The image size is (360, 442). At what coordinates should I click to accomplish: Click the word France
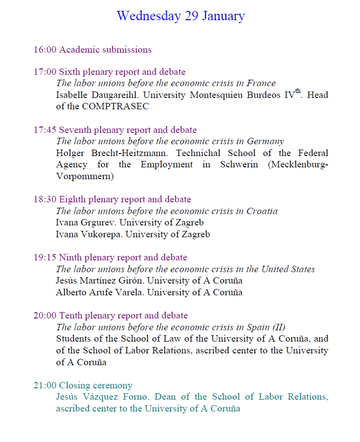click(261, 83)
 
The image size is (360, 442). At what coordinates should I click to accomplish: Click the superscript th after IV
click(298, 91)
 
